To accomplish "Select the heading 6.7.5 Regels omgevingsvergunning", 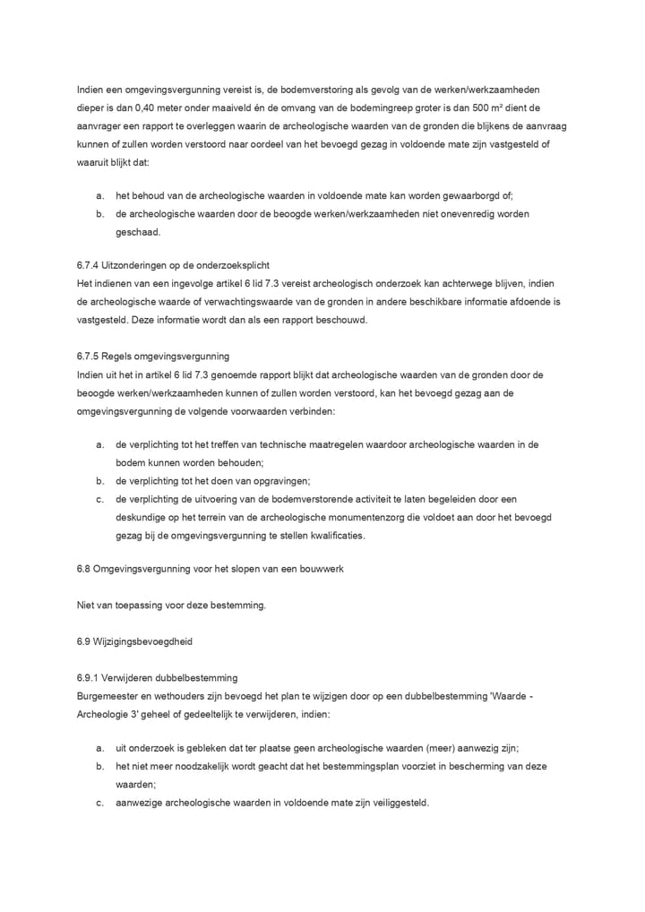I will (153, 356).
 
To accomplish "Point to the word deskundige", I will (142, 517).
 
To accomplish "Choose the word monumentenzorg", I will (347, 517).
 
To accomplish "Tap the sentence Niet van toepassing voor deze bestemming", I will (172, 606).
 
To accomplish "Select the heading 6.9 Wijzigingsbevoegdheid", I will (134, 641).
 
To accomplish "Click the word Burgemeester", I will (107, 695).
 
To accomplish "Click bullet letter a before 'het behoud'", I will (99, 194).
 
